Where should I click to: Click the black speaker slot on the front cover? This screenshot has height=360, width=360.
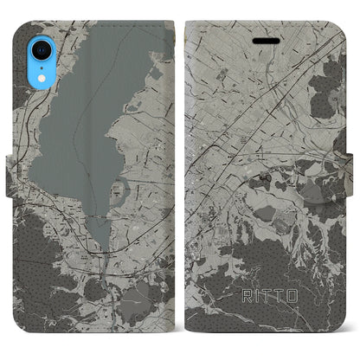[x=270, y=40]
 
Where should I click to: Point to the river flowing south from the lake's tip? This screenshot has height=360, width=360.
[x=109, y=260]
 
